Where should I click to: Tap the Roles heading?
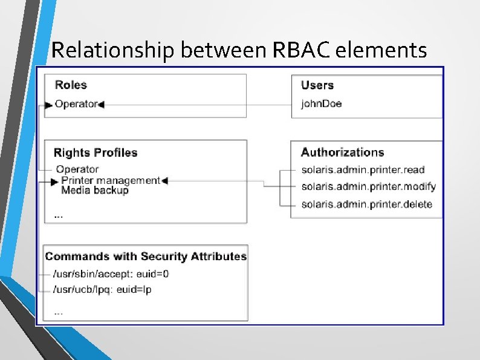pos(71,85)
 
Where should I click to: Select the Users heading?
pos(317,85)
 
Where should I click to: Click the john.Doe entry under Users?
pos(321,103)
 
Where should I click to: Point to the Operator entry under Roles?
pos(76,104)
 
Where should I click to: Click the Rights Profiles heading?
pos(96,152)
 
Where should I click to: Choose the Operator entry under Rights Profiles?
pos(77,169)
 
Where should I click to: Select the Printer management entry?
pos(111,180)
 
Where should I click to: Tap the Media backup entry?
pos(95,190)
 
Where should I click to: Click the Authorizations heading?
pos(342,152)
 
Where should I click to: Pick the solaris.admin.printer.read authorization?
pos(363,170)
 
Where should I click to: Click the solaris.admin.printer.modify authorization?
pos(368,186)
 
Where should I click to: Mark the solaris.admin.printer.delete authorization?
pos(366,204)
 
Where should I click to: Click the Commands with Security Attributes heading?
pos(146,257)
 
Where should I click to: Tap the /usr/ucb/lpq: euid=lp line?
pos(103,290)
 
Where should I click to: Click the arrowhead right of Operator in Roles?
pos(101,105)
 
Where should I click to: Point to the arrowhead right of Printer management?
pos(164,180)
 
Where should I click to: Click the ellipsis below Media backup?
pos(58,215)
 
